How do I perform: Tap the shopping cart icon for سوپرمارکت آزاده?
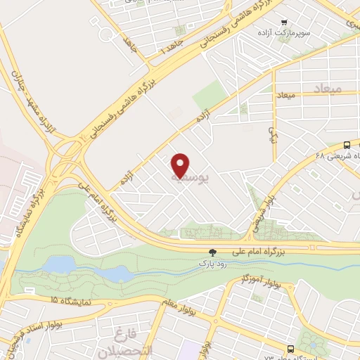tap(285, 22)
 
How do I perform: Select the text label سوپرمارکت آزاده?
tap(303, 33)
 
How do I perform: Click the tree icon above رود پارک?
tap(212, 252)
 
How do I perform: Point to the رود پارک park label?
tap(212, 264)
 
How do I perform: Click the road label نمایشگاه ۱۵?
tap(70, 300)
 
